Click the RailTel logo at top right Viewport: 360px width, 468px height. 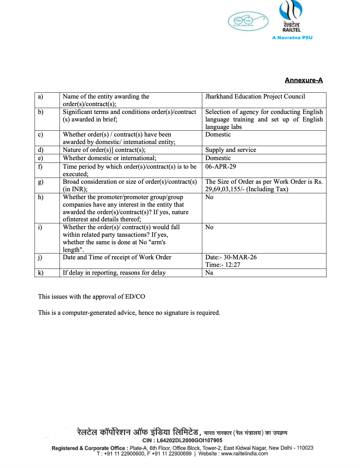(x=291, y=16)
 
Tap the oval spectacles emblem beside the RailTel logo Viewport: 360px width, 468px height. (x=248, y=21)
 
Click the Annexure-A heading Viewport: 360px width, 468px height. (x=304, y=80)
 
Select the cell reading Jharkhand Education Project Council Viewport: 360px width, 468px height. (x=255, y=97)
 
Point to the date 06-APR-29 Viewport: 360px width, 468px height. (x=220, y=167)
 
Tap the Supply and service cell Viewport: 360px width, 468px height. (x=230, y=150)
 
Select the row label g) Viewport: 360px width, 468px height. (x=40, y=182)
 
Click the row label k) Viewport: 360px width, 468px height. (x=40, y=273)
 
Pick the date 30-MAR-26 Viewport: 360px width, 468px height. (x=240, y=257)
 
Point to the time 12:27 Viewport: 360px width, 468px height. (x=233, y=265)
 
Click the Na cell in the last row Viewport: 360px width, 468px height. (x=209, y=273)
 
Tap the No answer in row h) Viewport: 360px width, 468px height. (x=209, y=197)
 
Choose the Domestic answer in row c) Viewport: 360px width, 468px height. (x=218, y=134)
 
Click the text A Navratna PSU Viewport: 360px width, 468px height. (x=292, y=38)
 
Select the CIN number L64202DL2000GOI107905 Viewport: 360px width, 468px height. (x=189, y=441)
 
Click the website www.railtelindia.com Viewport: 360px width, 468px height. (x=244, y=454)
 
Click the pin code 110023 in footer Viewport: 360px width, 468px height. (x=305, y=448)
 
